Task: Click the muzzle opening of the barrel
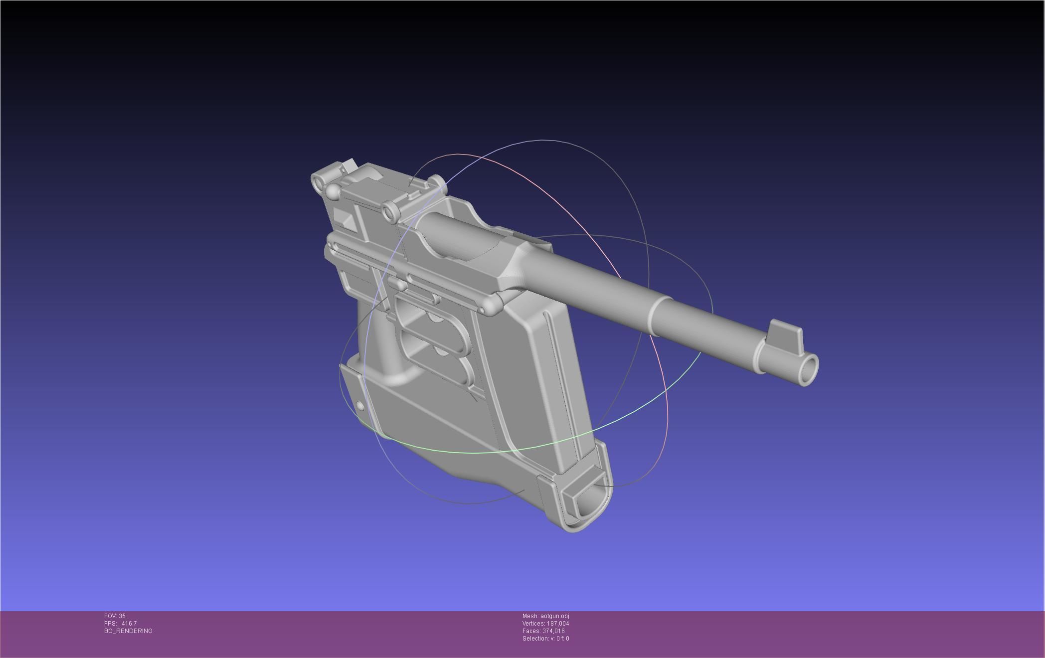pos(808,369)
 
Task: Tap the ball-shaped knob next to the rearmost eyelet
pos(333,191)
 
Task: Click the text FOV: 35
pos(115,616)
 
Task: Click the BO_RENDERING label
pos(128,631)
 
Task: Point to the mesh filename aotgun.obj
pos(554,616)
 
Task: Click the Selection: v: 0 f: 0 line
pos(545,639)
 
